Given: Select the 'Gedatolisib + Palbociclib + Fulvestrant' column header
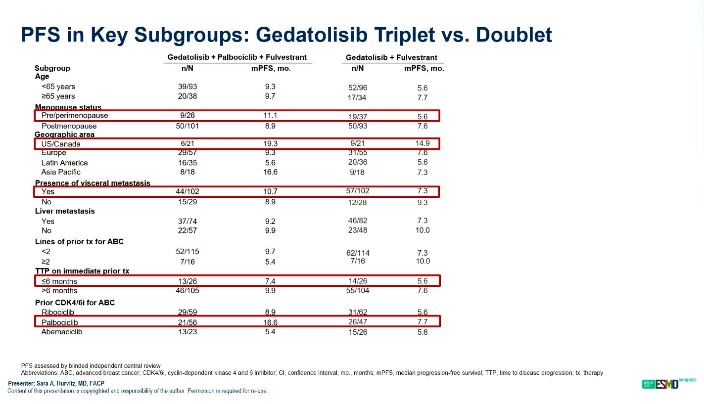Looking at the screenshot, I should coord(237,57).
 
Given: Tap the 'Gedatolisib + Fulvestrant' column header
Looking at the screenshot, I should coord(391,58).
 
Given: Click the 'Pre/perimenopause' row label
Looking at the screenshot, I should coord(75,116).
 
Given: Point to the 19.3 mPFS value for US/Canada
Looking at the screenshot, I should coord(270,144).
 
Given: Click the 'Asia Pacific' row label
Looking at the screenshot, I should coord(61,172).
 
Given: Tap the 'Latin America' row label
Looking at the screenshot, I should coord(64,163).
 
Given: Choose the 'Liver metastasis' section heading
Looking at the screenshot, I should coord(65,211).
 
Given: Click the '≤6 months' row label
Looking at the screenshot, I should coord(59,281).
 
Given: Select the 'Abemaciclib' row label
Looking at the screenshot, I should coord(62,332).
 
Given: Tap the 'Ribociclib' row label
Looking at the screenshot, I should coord(59,313).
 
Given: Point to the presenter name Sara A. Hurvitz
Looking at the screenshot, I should coord(57,384).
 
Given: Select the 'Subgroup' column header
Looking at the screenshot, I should coord(52,68).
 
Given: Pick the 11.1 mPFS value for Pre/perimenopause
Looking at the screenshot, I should coord(270,116).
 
